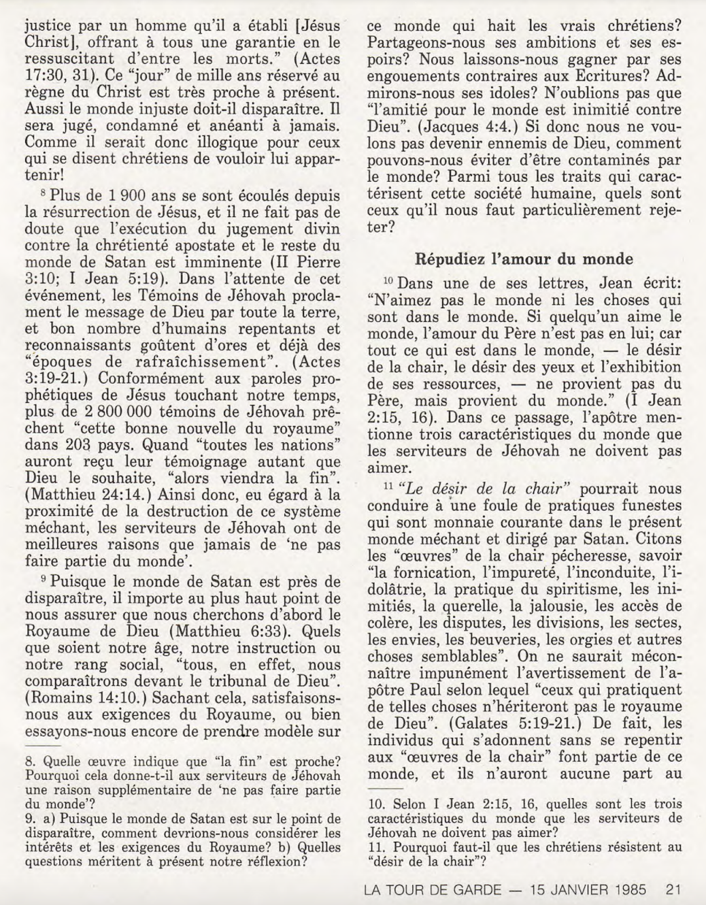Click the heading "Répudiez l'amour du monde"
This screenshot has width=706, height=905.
tap(524, 259)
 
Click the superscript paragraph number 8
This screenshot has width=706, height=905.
tap(44, 194)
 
